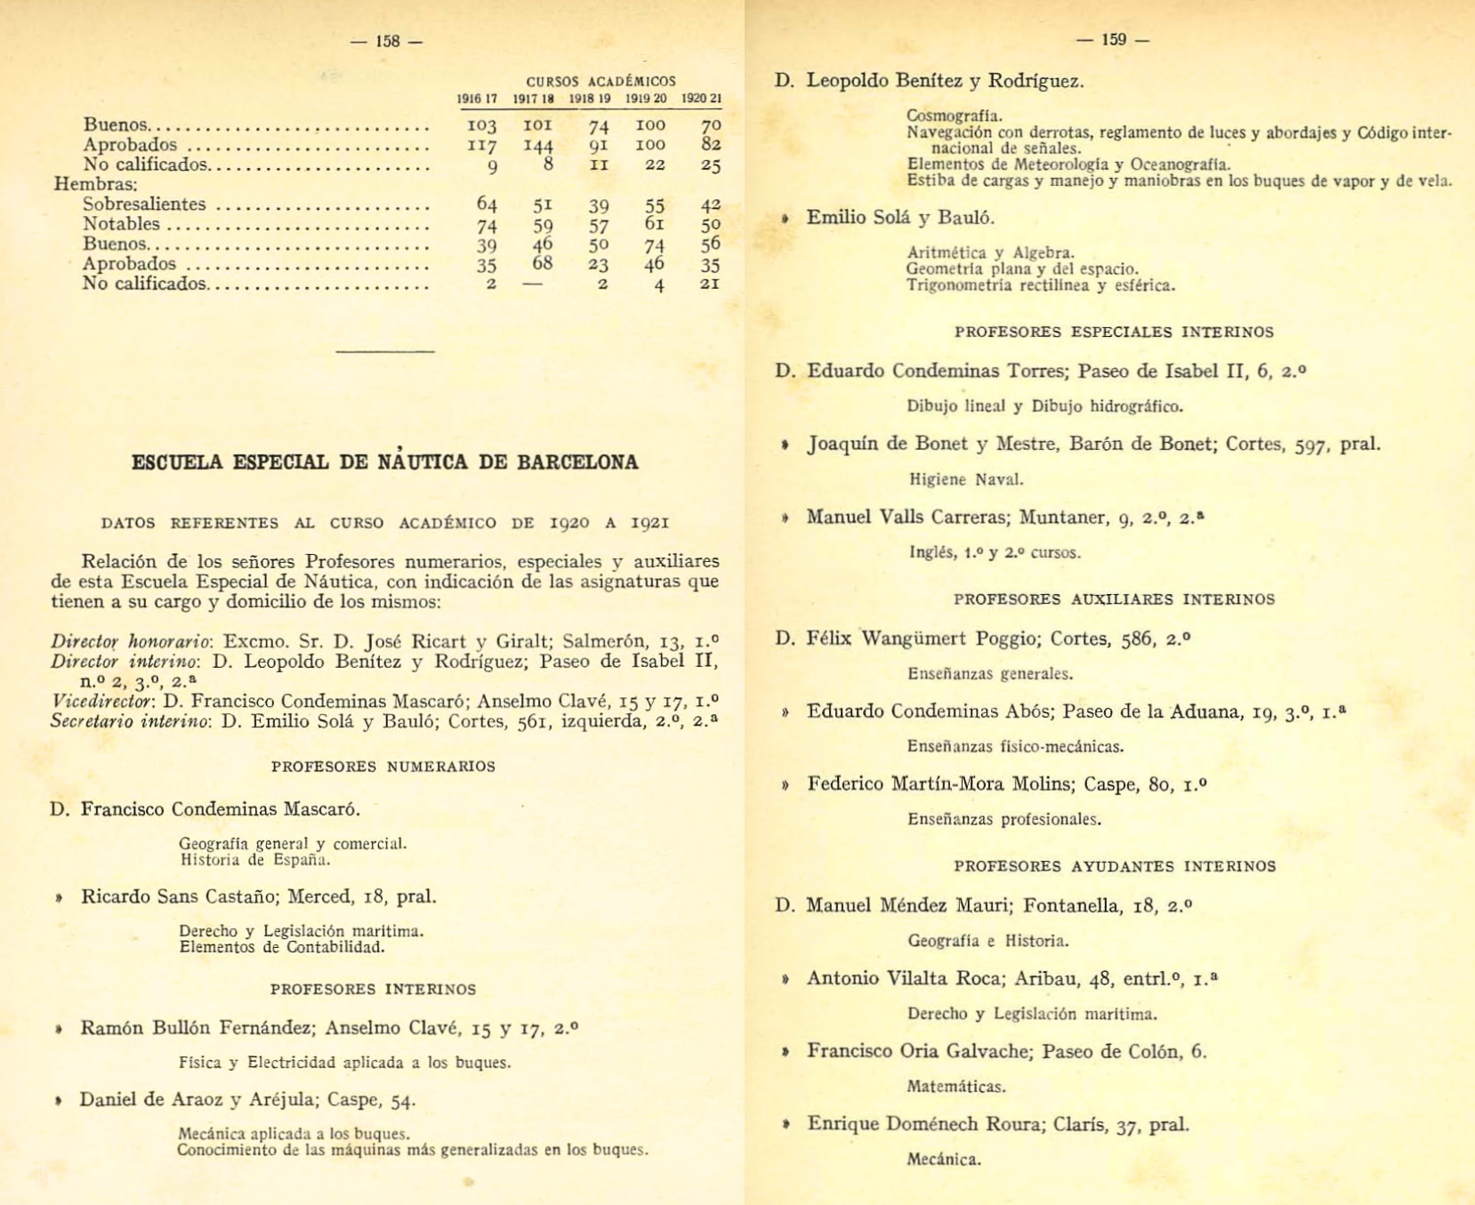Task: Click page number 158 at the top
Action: point(387,41)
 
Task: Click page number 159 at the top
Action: point(1113,39)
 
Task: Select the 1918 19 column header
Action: point(590,99)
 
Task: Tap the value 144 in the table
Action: point(538,144)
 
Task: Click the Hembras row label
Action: point(96,184)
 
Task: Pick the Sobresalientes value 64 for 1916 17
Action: point(487,205)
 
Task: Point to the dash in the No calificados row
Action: point(533,284)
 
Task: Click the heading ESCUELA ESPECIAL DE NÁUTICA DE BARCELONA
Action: point(384,462)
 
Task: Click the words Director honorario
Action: point(130,641)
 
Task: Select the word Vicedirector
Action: point(101,701)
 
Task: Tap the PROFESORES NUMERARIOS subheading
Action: point(383,767)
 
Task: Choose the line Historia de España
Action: point(254,860)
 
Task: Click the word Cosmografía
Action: point(954,116)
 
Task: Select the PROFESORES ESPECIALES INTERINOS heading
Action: point(1114,332)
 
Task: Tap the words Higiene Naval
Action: point(966,480)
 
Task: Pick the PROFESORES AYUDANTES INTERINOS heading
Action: point(1115,866)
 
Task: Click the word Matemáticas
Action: point(955,1087)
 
